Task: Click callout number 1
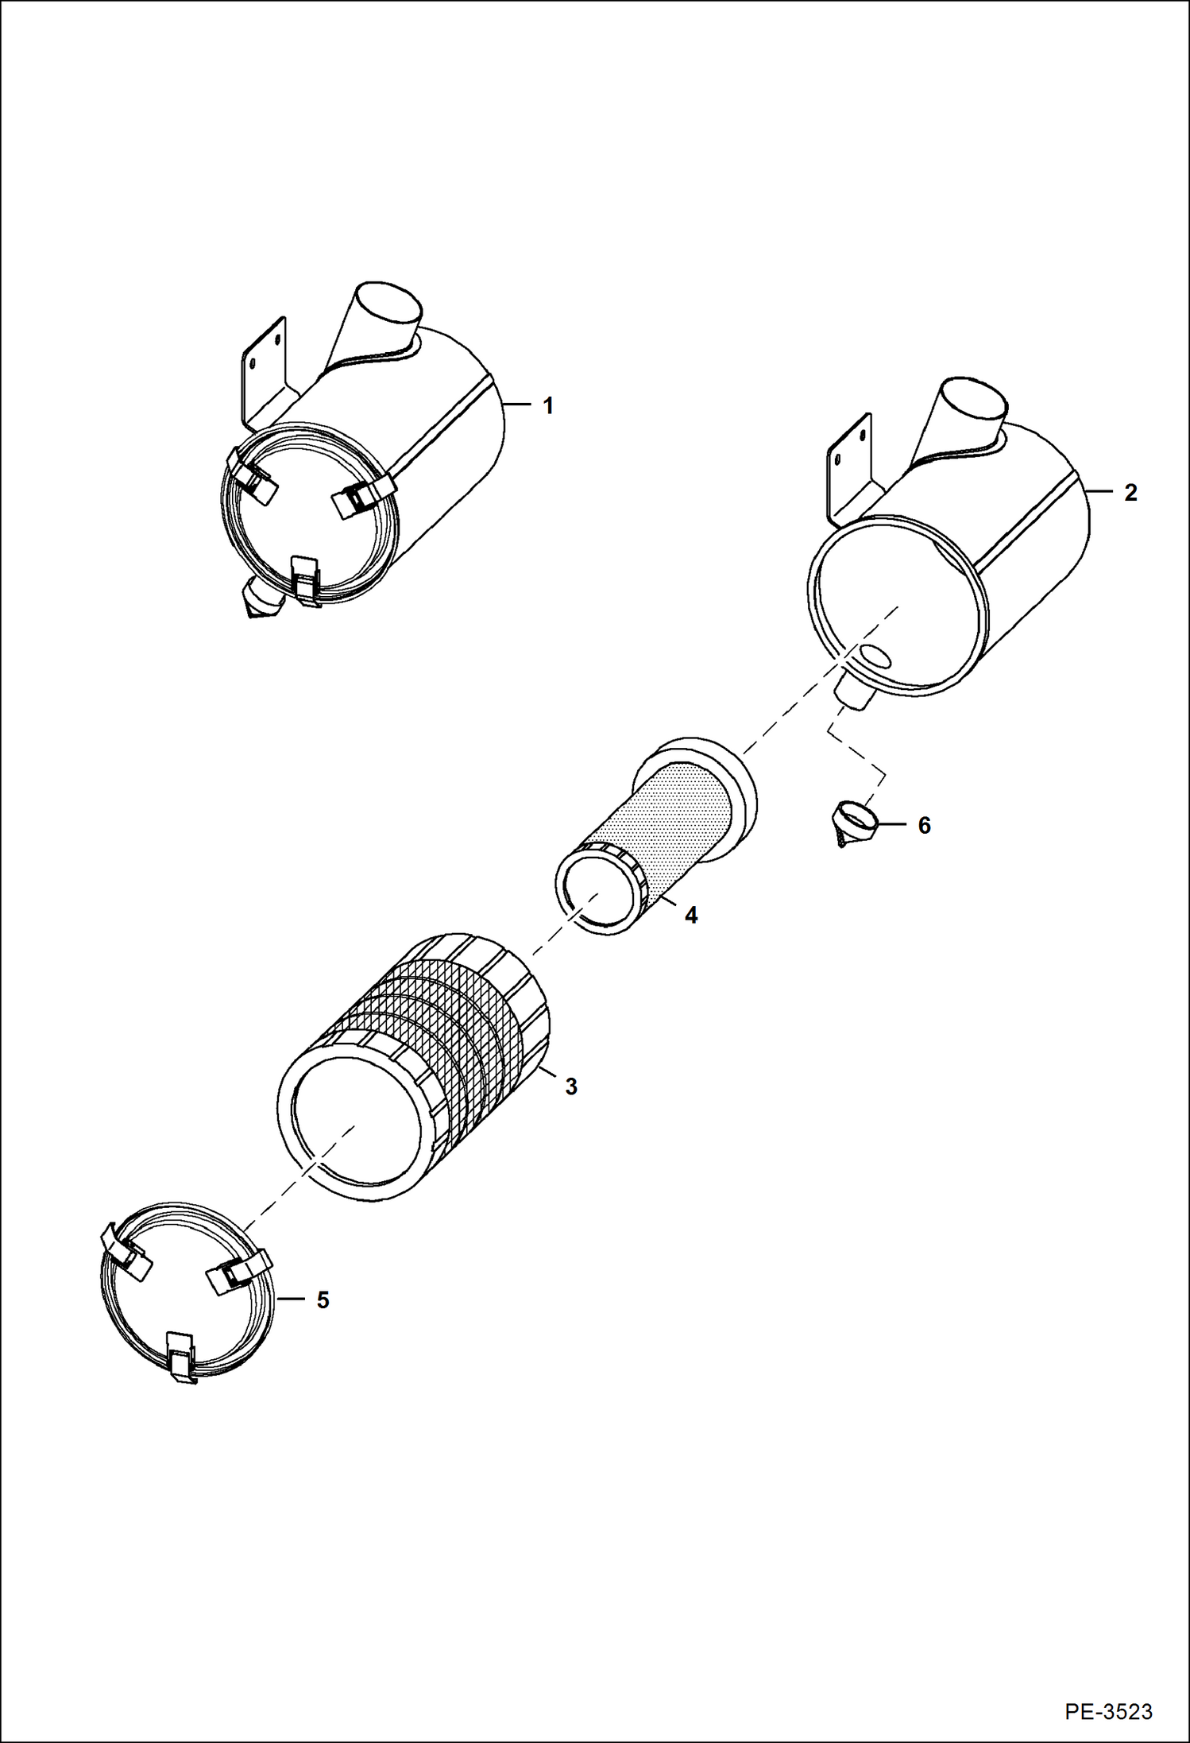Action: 547,406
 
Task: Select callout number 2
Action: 1130,493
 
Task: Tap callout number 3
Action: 570,1086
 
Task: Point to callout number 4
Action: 691,916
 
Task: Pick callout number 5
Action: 323,1300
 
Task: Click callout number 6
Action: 924,826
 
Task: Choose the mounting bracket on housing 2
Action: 848,469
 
